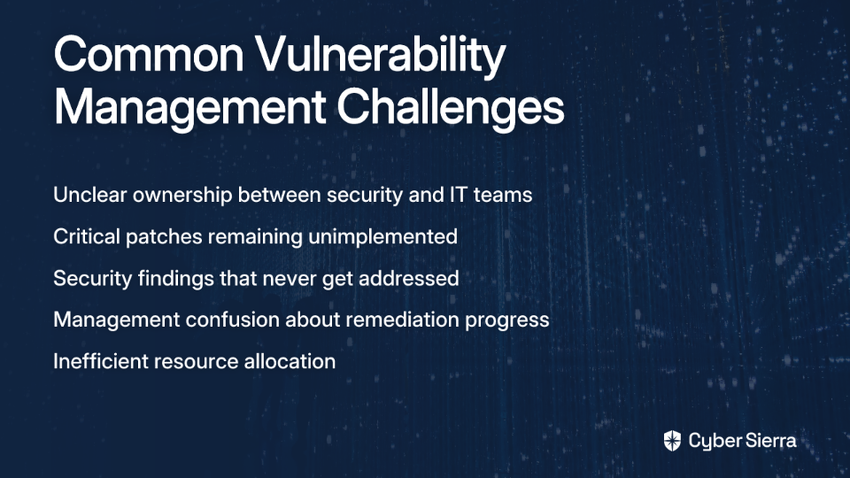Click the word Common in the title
pos(149,54)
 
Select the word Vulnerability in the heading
pos(381,58)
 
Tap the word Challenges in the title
pos(451,108)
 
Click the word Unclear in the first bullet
pos(90,195)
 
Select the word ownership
pos(182,196)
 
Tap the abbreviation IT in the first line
pos(458,195)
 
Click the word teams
pos(503,196)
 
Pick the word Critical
pos(87,236)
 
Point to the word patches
pos(165,237)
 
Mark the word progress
pos(507,320)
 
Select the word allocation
pos(290,361)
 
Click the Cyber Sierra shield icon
pos(672,441)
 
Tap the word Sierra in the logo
pos(769,440)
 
